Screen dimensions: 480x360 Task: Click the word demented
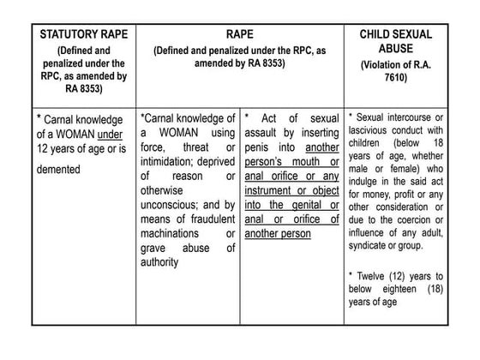click(x=58, y=169)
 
